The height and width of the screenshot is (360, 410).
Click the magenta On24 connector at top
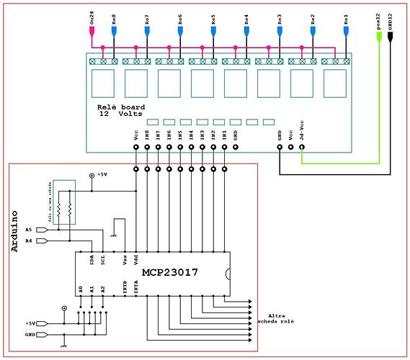[x=91, y=30]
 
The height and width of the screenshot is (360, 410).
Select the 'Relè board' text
[x=121, y=107]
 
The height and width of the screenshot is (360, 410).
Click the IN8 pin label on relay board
[x=147, y=135]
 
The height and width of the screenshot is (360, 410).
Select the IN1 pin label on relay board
[x=225, y=135]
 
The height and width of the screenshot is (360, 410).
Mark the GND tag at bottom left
[x=30, y=335]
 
